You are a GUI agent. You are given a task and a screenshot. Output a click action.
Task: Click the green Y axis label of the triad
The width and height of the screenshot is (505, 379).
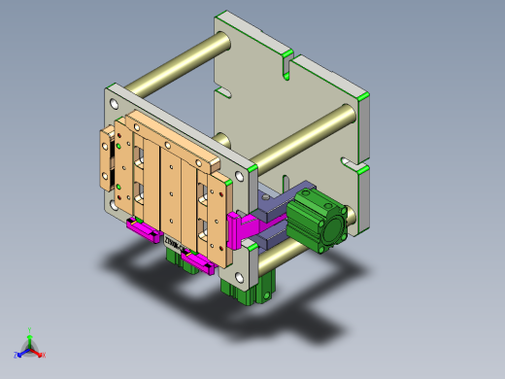(30, 330)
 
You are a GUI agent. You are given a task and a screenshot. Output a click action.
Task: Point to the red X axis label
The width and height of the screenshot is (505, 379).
(43, 355)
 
